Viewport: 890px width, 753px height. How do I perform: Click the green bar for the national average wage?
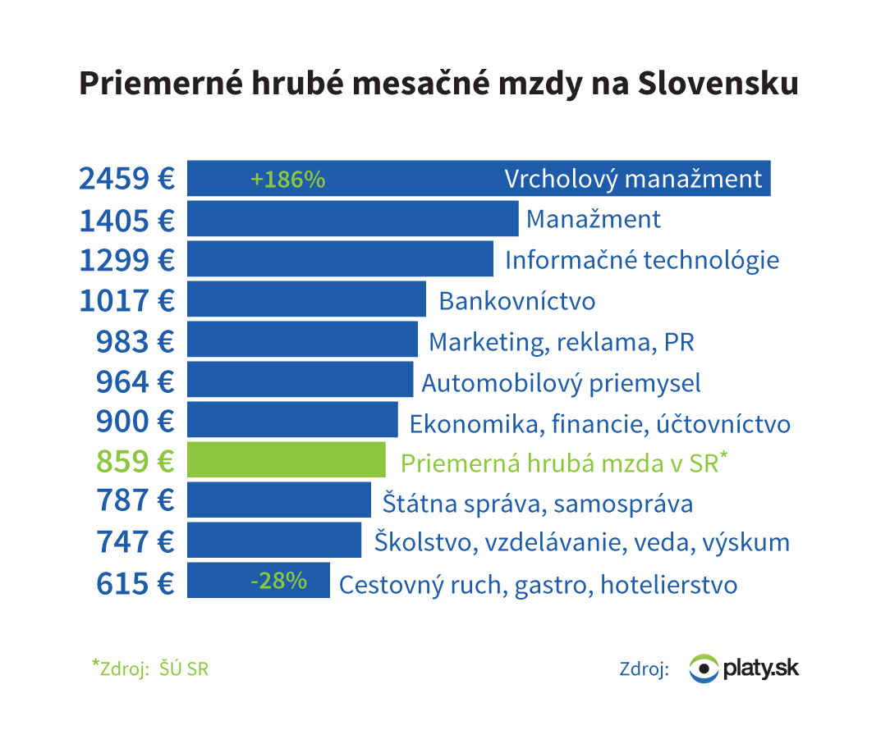(286, 460)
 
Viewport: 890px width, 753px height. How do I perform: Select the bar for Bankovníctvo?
(306, 299)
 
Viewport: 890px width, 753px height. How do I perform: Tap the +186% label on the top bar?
(288, 180)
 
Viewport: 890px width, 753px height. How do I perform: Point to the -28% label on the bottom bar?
(278, 582)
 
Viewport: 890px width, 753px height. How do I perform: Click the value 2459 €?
(126, 179)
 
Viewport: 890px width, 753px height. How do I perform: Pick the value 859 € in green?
(135, 461)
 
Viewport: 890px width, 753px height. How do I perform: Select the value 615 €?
(135, 583)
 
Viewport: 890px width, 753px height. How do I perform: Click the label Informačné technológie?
(641, 260)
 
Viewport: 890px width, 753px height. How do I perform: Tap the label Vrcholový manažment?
(633, 179)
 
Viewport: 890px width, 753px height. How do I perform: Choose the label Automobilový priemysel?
(561, 382)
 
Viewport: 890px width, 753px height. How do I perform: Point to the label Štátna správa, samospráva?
(537, 502)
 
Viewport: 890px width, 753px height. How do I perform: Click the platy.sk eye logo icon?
(703, 669)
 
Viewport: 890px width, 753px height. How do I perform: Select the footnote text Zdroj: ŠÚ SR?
(150, 668)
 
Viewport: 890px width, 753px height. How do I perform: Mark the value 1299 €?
(126, 260)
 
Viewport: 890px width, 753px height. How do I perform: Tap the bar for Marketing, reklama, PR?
(302, 340)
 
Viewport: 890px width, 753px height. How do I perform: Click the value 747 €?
(135, 542)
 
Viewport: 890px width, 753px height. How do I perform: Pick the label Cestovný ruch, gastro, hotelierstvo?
(538, 585)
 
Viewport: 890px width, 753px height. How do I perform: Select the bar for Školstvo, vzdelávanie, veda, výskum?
(274, 541)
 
